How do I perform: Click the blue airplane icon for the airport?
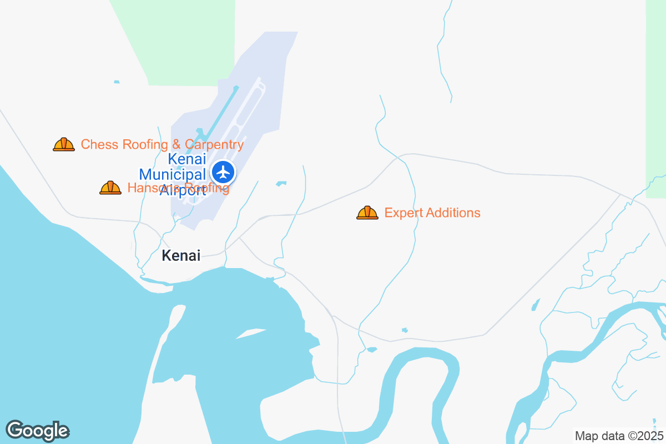[x=224, y=172]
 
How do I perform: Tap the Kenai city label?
[x=180, y=255]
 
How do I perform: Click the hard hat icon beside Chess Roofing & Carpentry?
[x=64, y=144]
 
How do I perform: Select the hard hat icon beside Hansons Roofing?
[x=110, y=188]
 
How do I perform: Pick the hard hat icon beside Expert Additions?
[x=367, y=213]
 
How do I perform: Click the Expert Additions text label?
[x=432, y=213]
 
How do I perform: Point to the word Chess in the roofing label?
[x=100, y=144]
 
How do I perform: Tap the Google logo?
[x=37, y=431]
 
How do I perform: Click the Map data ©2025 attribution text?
[x=619, y=436]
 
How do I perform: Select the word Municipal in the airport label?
[x=172, y=174]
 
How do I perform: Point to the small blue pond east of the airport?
[x=281, y=183]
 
